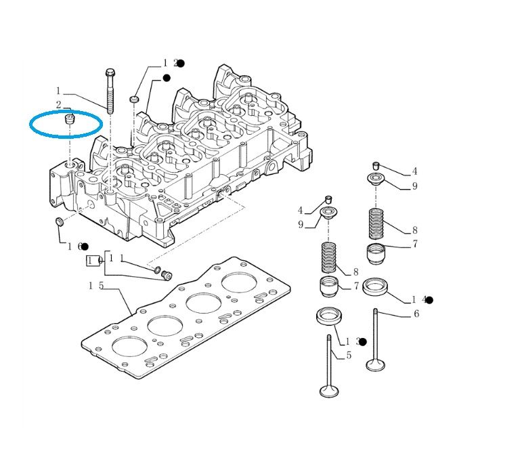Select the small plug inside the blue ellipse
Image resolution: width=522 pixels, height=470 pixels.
[68, 120]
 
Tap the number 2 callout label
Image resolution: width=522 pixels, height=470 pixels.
[59, 105]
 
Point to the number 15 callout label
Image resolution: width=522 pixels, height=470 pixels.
[95, 286]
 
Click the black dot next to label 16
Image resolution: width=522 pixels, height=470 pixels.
[85, 246]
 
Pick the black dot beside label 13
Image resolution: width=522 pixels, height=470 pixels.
[363, 342]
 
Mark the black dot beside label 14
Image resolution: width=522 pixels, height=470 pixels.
[429, 299]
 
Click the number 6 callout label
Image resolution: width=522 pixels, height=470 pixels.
[416, 313]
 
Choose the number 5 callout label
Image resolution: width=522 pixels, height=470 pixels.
[349, 355]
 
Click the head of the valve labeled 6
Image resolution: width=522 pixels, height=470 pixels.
[376, 365]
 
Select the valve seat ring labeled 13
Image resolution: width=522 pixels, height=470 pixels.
[330, 315]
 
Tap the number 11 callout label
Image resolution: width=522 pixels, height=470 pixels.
[116, 258]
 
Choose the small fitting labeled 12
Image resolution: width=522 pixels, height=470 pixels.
[134, 100]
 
